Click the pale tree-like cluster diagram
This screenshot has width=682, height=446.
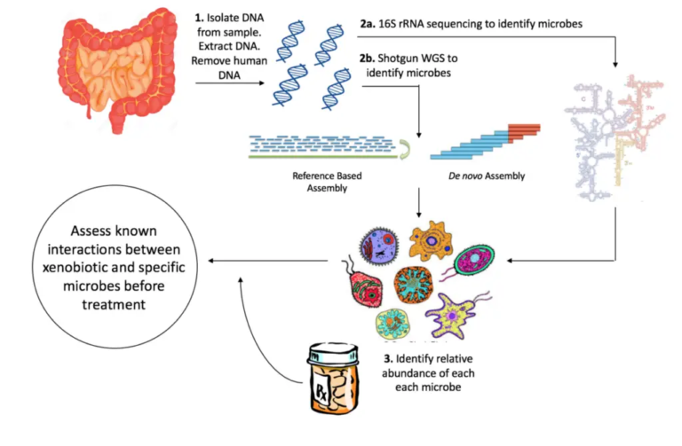click(x=612, y=133)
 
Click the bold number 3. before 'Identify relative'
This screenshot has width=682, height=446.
click(x=389, y=359)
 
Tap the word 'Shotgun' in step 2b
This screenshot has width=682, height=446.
click(x=405, y=58)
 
